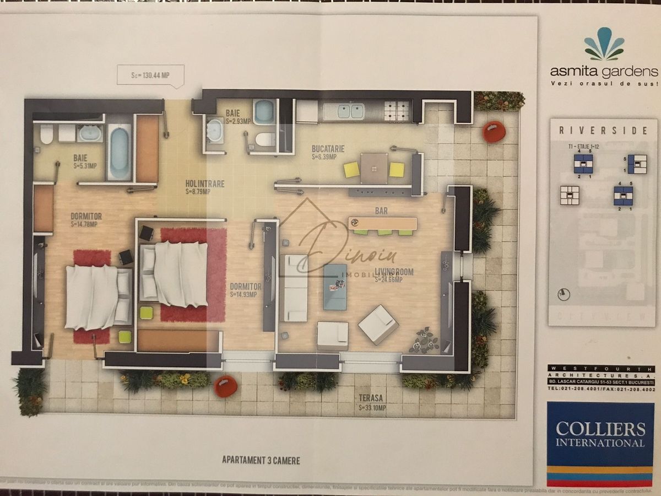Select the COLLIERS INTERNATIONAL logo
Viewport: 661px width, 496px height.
600,435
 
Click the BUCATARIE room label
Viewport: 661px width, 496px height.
328,149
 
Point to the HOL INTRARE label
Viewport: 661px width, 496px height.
204,184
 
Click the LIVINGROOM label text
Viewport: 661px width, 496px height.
394,272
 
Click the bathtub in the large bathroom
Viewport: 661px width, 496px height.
118,151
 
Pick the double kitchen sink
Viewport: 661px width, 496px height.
343,111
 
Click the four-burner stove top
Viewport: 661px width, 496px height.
398,111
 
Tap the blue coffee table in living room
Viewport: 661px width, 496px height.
335,287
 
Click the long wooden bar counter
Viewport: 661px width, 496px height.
383,223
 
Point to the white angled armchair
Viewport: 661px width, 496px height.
378,325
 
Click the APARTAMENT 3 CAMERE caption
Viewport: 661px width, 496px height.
261,460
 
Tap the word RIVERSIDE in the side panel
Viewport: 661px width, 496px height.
604,131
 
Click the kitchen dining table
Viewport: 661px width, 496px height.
374,167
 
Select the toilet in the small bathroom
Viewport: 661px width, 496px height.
266,139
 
